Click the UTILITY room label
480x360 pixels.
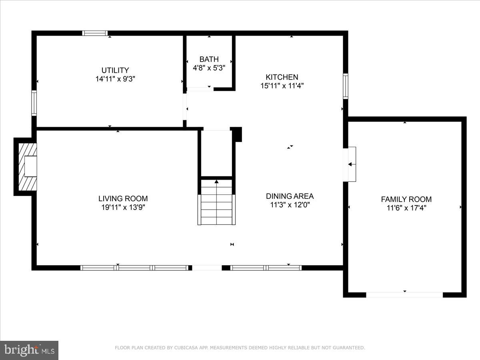[115, 70]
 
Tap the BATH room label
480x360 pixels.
[209, 60]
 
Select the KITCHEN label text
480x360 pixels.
[282, 77]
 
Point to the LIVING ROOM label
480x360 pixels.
[123, 199]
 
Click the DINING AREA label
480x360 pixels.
[290, 196]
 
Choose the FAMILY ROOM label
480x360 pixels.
[406, 199]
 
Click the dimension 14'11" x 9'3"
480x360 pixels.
[115, 79]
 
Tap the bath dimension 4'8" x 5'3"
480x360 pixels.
[209, 68]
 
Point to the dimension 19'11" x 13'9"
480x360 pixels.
[123, 207]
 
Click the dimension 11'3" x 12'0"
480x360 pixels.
[290, 205]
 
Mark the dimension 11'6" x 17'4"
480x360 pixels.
[406, 208]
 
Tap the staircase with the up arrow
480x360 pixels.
[216, 202]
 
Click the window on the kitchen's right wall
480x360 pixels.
[345, 86]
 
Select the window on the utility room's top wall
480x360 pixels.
[95, 33]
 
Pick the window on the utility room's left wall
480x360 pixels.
[34, 103]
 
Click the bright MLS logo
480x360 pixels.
[29, 350]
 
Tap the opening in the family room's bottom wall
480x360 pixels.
[404, 295]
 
